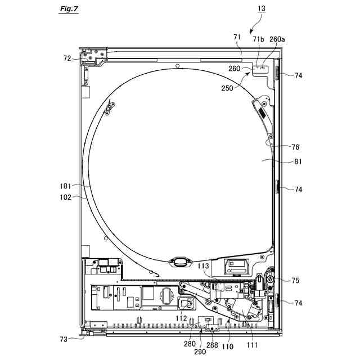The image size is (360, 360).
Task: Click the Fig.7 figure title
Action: tap(69, 9)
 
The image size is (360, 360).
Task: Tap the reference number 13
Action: tap(262, 9)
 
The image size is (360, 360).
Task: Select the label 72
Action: tap(67, 58)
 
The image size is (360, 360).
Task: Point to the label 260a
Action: tap(277, 39)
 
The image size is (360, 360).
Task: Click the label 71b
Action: tap(259, 39)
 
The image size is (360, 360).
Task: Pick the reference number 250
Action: tap(227, 88)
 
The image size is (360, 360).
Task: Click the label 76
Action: tap(295, 147)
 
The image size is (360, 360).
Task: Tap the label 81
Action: tap(298, 161)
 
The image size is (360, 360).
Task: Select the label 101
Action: tap(66, 186)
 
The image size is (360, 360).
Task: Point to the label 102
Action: tap(66, 197)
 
